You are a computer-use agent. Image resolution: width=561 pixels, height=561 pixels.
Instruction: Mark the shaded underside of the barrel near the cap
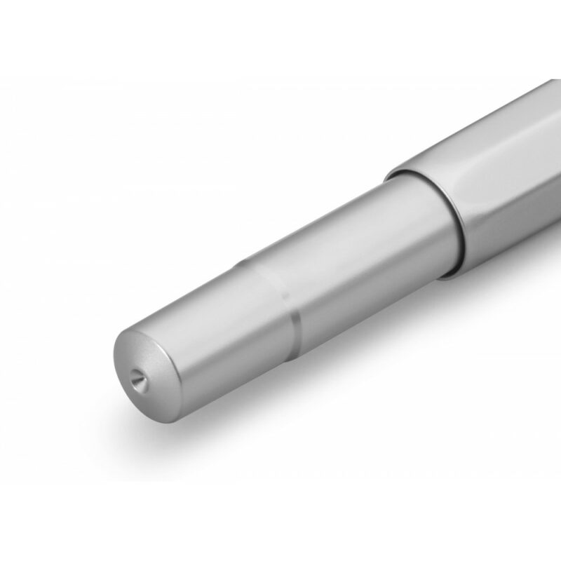(x=393, y=288)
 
